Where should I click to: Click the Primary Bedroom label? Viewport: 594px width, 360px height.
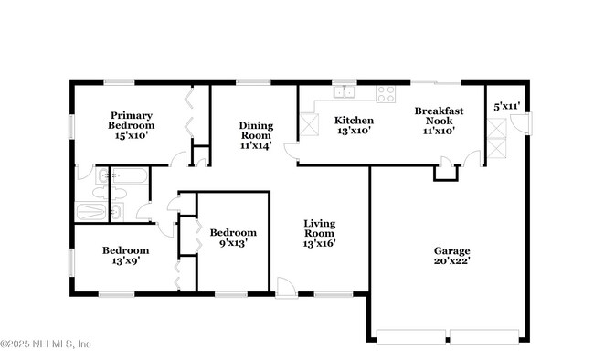pyautogui.click(x=132, y=125)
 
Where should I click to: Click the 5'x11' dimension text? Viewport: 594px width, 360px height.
pyautogui.click(x=506, y=106)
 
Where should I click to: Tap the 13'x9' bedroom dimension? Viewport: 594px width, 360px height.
pyautogui.click(x=125, y=260)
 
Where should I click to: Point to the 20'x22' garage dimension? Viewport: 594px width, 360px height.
pyautogui.click(x=451, y=261)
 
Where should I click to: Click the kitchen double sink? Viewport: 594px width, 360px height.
pyautogui.click(x=345, y=90)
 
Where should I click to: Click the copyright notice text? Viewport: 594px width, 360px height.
pyautogui.click(x=46, y=344)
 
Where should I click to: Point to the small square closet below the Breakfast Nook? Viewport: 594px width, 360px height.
pyautogui.click(x=444, y=172)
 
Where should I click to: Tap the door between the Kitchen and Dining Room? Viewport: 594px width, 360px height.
pyautogui.click(x=292, y=153)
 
